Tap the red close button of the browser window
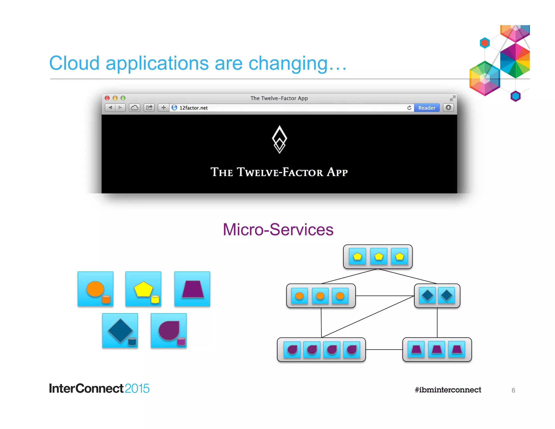pyautogui.click(x=107, y=98)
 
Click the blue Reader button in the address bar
pyautogui.click(x=427, y=108)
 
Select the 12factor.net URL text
pyautogui.click(x=193, y=108)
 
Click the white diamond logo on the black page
pyautogui.click(x=279, y=139)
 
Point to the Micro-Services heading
pyautogui.click(x=278, y=230)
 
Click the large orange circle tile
pyautogui.click(x=95, y=289)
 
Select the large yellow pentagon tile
pyautogui.click(x=143, y=289)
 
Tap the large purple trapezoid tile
pyautogui.click(x=192, y=289)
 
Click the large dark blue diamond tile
pyautogui.click(x=120, y=331)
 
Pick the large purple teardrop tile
pyautogui.click(x=169, y=331)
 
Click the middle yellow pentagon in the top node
pyautogui.click(x=379, y=256)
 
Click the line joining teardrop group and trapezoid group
pyautogui.click(x=384, y=350)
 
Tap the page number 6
pyautogui.click(x=513, y=390)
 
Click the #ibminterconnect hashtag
pyautogui.click(x=448, y=390)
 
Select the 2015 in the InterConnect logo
pyautogui.click(x=137, y=389)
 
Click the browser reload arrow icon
pyautogui.click(x=409, y=108)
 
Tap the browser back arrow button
pyautogui.click(x=110, y=108)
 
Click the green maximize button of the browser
pyautogui.click(x=123, y=98)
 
